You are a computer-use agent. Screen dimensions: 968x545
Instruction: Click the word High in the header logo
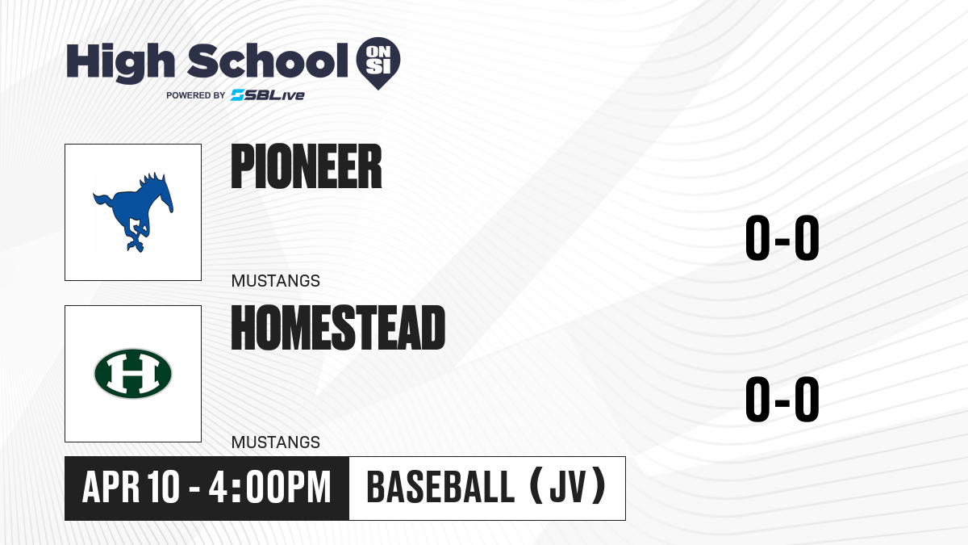pos(120,63)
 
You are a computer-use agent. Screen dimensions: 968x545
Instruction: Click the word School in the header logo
pos(268,61)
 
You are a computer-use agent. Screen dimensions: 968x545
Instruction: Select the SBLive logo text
pos(268,95)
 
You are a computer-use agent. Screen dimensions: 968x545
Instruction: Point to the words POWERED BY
pos(196,95)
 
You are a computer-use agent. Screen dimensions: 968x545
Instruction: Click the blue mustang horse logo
pos(133,212)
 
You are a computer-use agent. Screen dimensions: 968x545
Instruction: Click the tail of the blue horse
pos(103,203)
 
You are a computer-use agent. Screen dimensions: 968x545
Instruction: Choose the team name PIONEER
pos(307,166)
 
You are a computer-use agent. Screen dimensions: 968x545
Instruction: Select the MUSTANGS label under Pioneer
pos(276,281)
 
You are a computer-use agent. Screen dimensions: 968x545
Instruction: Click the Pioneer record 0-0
pos(782,237)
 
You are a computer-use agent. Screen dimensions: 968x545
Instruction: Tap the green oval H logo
pos(133,374)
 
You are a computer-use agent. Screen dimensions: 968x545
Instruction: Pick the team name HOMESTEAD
pos(338,328)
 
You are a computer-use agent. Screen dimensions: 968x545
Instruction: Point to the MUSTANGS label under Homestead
pos(276,442)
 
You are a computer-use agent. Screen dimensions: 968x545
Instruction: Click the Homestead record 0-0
pos(782,399)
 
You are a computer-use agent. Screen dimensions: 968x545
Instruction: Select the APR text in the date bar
pos(111,487)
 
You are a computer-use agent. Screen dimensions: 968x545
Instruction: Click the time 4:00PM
pos(269,487)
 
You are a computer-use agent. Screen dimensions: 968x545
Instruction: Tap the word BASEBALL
pos(440,487)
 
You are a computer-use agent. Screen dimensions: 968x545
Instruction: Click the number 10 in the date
pos(163,487)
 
